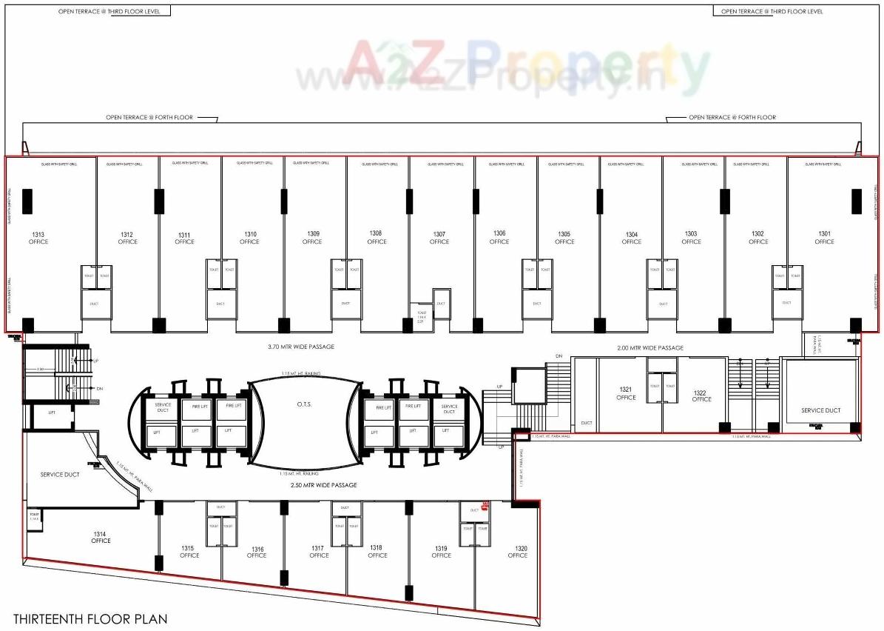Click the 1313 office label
pos(38,238)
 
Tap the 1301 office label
pos(824,238)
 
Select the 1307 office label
pos(439,238)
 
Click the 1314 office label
pos(101,537)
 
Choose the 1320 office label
pos(517,552)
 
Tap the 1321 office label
pos(626,393)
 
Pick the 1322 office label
pos(702,395)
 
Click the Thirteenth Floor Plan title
pos(90,618)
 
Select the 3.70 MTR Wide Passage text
pos(301,347)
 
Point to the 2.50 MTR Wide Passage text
pos(323,485)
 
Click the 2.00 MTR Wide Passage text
pos(650,347)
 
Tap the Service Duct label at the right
pos(821,410)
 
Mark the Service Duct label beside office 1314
pos(59,474)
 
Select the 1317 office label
pos(319,552)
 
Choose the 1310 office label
pos(249,238)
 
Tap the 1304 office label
pos(632,238)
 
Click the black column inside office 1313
pos(27,201)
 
